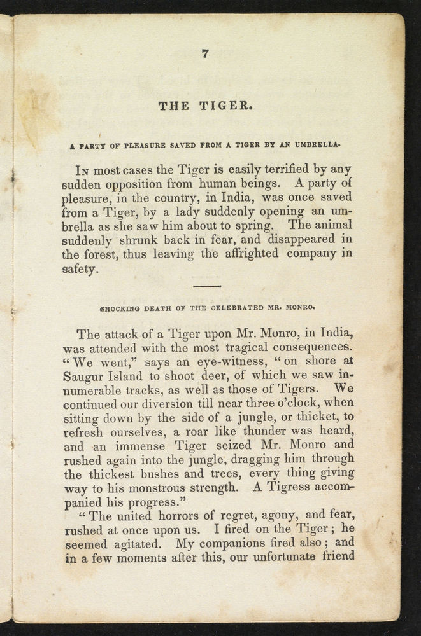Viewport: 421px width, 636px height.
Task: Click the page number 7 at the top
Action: pos(204,54)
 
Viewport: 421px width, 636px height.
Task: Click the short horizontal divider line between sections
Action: pos(206,287)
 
